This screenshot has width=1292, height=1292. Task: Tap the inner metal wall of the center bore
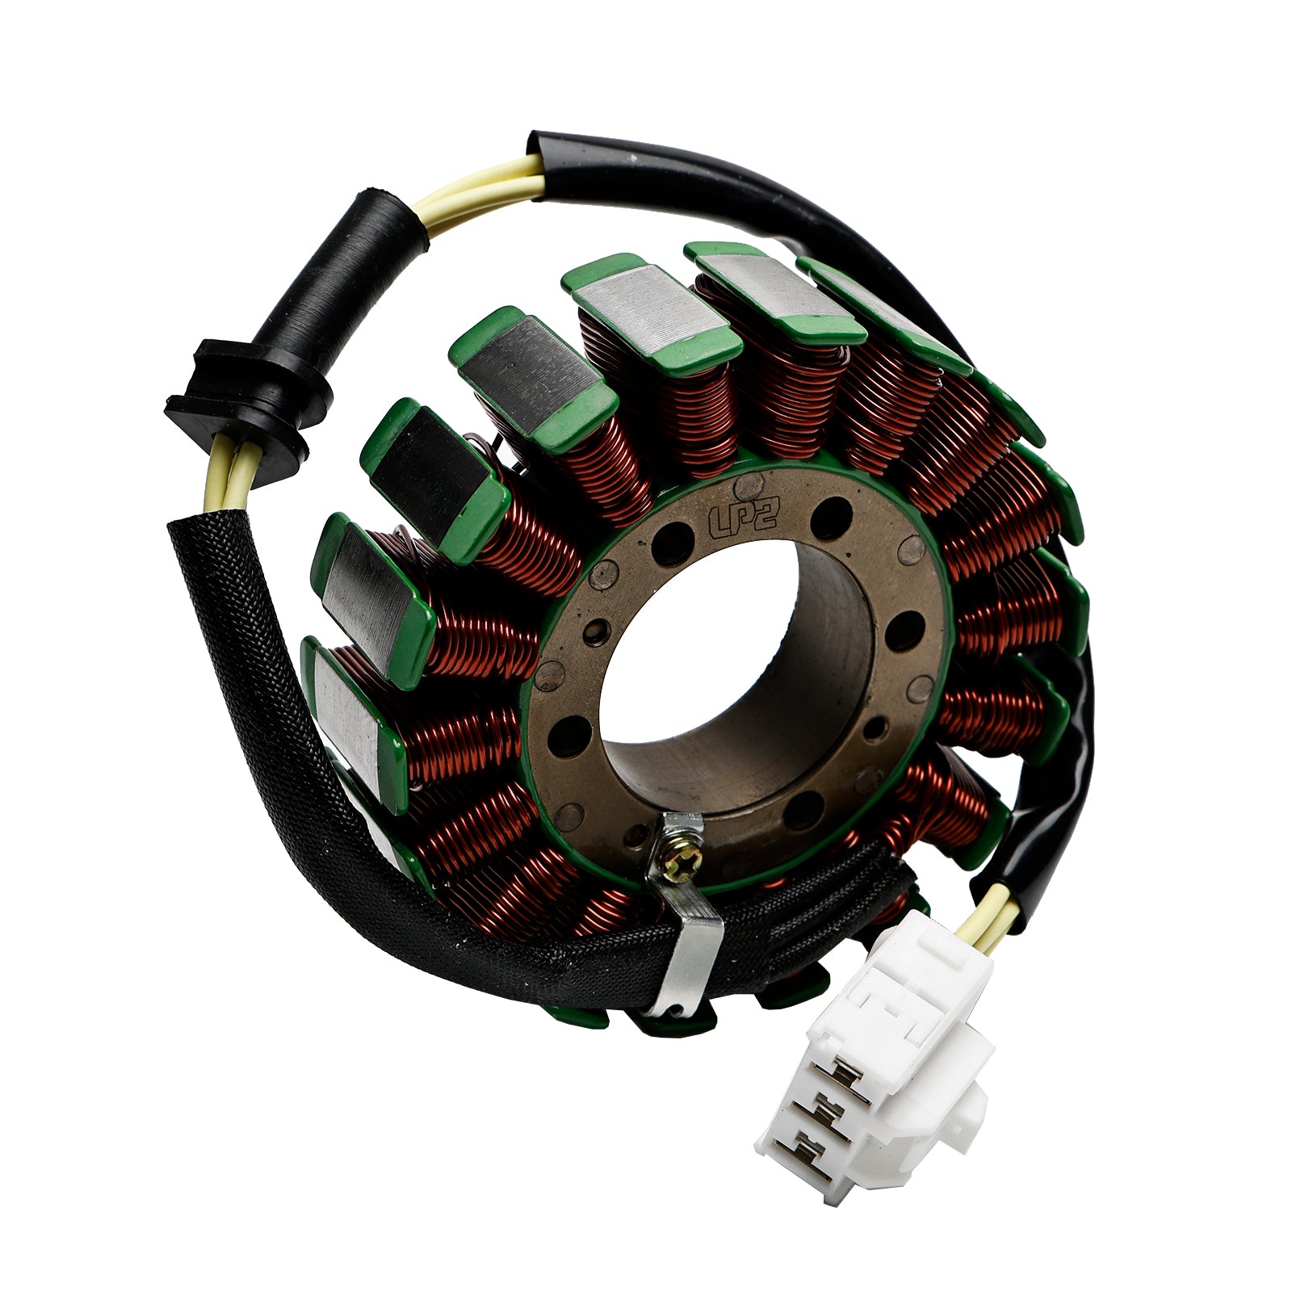click(x=816, y=686)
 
